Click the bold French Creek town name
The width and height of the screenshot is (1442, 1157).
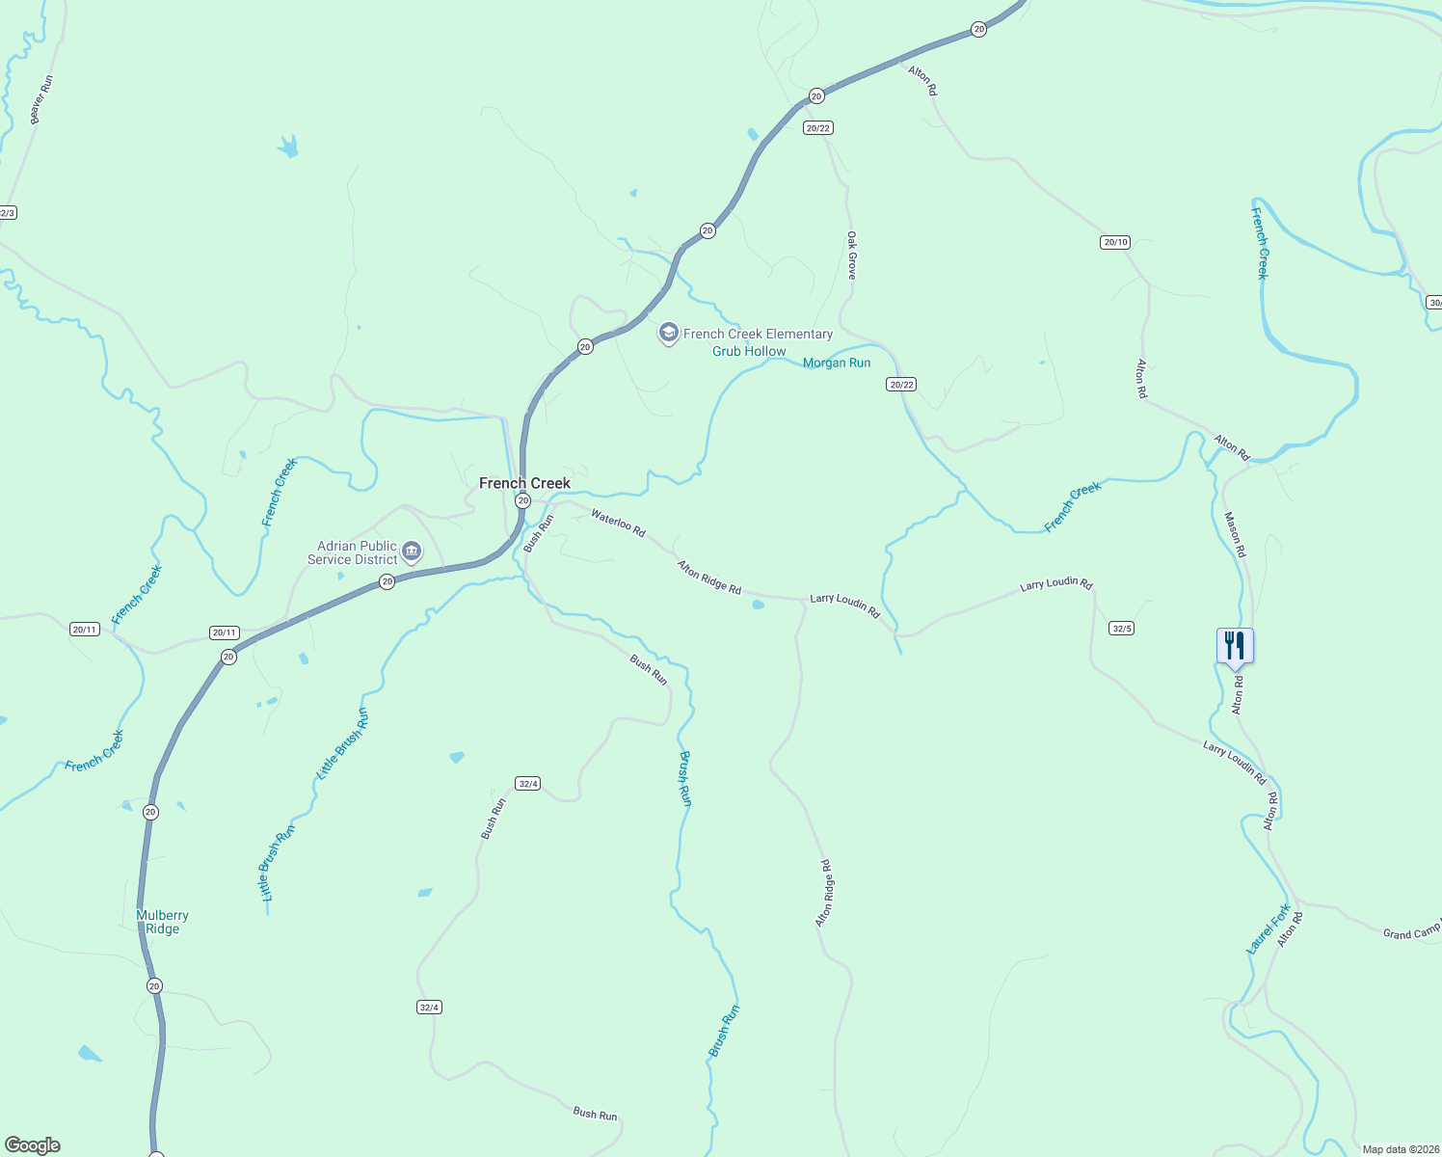524,483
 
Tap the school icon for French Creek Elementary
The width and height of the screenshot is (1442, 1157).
668,334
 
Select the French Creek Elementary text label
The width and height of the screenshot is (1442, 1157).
758,334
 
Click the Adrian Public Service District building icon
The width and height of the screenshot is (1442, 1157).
412,552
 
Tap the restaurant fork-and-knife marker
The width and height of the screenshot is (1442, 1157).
1235,645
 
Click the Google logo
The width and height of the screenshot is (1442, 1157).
33,1145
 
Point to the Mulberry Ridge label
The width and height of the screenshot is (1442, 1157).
162,922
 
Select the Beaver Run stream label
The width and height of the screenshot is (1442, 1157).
40,99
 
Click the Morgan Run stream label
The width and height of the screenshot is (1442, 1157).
837,363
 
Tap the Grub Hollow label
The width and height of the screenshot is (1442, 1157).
749,351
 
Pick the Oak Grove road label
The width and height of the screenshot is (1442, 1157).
851,256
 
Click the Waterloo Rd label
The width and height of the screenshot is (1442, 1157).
618,523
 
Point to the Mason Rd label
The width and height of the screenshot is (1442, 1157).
1235,534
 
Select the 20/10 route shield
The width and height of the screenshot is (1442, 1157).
1114,242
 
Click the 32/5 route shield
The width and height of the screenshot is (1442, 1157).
1121,628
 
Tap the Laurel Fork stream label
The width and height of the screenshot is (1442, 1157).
1268,929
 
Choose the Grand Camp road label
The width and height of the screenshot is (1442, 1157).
1410,932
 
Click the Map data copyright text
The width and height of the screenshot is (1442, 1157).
1401,1149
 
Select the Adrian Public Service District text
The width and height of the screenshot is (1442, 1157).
353,552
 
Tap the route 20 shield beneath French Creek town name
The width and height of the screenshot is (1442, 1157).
522,500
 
